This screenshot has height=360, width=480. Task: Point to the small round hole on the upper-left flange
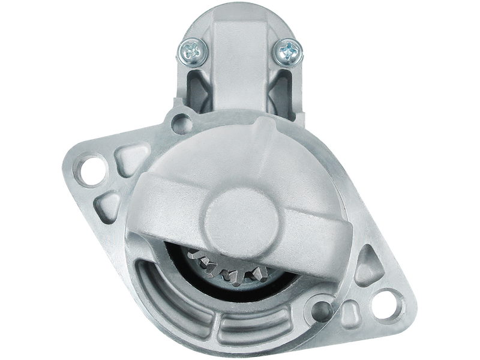(179, 124)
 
